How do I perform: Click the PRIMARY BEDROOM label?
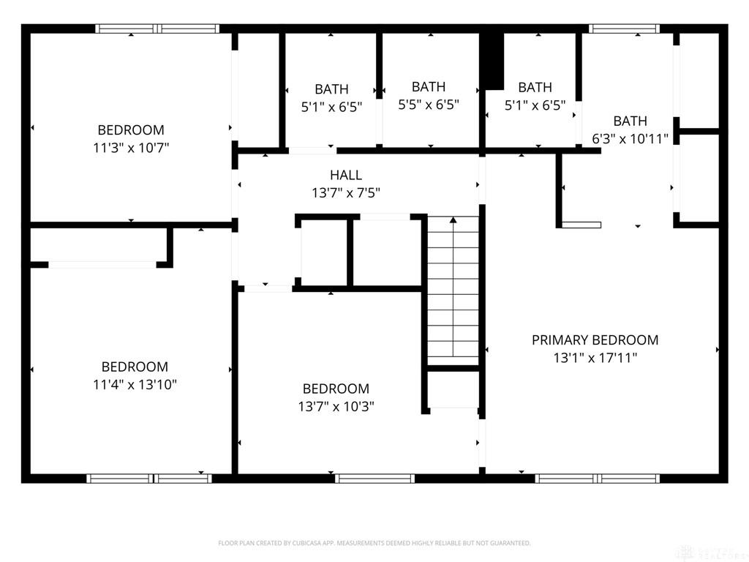595,340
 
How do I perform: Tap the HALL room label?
346,175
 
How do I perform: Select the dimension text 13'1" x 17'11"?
595,357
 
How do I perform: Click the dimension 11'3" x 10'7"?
131,148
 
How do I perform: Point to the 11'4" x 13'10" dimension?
135,384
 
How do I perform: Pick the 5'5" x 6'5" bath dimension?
429,104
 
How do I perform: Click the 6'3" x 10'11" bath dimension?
630,138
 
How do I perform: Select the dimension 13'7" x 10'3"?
336,406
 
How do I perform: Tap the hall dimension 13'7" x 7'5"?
346,192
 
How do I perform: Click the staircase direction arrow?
453,286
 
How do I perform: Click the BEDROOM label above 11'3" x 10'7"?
131,130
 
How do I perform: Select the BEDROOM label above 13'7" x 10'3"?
336,389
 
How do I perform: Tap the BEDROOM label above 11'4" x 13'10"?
135,367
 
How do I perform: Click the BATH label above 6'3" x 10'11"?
630,121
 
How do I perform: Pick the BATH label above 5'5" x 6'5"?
429,86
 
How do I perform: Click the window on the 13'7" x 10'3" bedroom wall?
374,479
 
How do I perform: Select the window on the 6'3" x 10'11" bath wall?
624,29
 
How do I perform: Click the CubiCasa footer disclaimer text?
374,543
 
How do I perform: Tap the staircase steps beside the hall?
453,290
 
